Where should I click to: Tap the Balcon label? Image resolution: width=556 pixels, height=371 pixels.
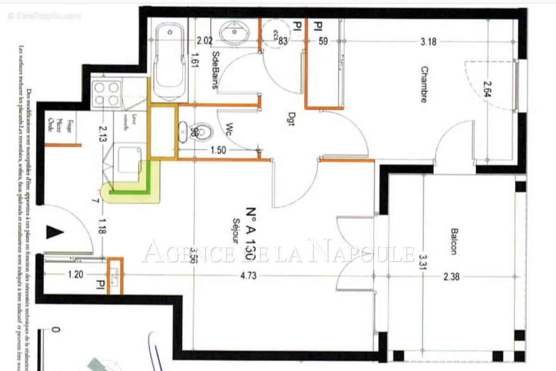[x=453, y=241]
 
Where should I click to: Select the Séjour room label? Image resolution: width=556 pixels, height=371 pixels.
[x=236, y=231]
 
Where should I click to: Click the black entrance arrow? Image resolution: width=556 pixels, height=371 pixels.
[x=54, y=231]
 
